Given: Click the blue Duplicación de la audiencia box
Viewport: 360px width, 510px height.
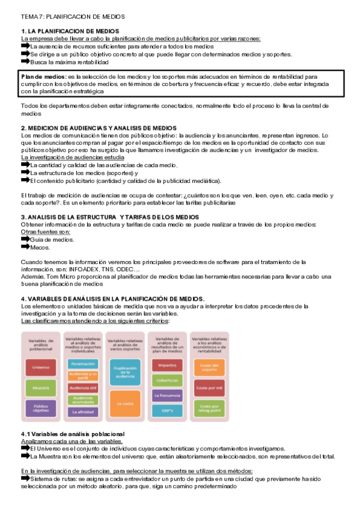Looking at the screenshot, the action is (x=124, y=370).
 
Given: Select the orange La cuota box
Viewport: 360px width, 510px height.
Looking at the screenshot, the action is (x=124, y=404).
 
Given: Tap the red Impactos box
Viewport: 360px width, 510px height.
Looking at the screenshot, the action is (x=167, y=364).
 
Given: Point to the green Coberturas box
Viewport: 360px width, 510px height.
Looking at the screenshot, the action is (x=167, y=380).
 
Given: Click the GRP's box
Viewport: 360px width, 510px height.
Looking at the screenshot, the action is (x=167, y=411).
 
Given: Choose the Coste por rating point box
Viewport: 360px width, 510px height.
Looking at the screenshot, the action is (x=210, y=409).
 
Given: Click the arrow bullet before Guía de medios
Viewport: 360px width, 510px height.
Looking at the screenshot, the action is (x=25, y=239).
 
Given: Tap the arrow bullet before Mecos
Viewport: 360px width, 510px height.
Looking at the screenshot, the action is (x=25, y=247).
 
